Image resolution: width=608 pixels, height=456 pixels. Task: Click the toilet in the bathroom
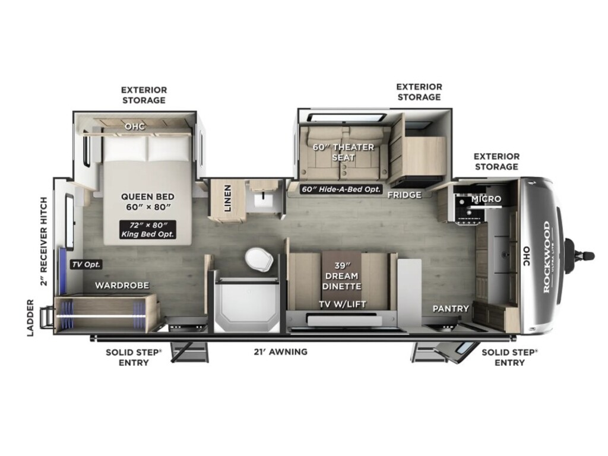pyautogui.click(x=259, y=260)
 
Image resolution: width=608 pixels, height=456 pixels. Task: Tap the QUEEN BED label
pyautogui.click(x=148, y=197)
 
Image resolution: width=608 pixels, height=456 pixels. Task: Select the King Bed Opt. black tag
pyautogui.click(x=147, y=229)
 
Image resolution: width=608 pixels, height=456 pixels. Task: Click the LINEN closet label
pyautogui.click(x=227, y=198)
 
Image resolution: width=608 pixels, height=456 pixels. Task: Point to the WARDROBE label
pyautogui.click(x=122, y=286)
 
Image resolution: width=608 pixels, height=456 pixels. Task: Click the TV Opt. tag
pyautogui.click(x=86, y=264)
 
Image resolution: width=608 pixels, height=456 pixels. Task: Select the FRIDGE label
pyautogui.click(x=404, y=195)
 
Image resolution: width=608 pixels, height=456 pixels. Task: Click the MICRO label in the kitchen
pyautogui.click(x=486, y=199)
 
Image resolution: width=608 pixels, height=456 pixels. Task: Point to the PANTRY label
pyautogui.click(x=451, y=309)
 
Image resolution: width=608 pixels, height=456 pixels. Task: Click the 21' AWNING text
pyautogui.click(x=281, y=351)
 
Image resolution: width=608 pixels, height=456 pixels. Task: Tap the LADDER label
pyautogui.click(x=31, y=318)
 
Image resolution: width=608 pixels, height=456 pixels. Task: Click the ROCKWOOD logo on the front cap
pyautogui.click(x=547, y=257)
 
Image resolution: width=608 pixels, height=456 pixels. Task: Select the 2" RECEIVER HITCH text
pyautogui.click(x=44, y=241)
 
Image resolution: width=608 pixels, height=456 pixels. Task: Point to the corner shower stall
pyautogui.click(x=247, y=305)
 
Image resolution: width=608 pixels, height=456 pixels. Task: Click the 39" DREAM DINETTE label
pyautogui.click(x=341, y=275)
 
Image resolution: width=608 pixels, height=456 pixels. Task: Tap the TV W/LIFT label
pyautogui.click(x=343, y=305)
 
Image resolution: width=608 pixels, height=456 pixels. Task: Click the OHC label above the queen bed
pyautogui.click(x=135, y=126)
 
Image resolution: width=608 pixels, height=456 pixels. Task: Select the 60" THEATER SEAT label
pyautogui.click(x=343, y=152)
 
